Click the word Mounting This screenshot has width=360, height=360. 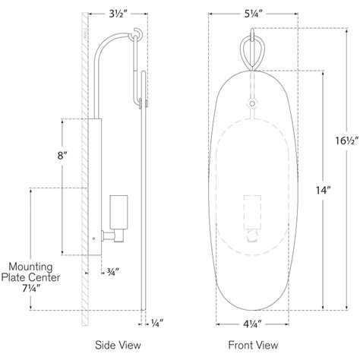click(30, 267)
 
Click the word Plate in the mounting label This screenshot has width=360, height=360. click(15, 279)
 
